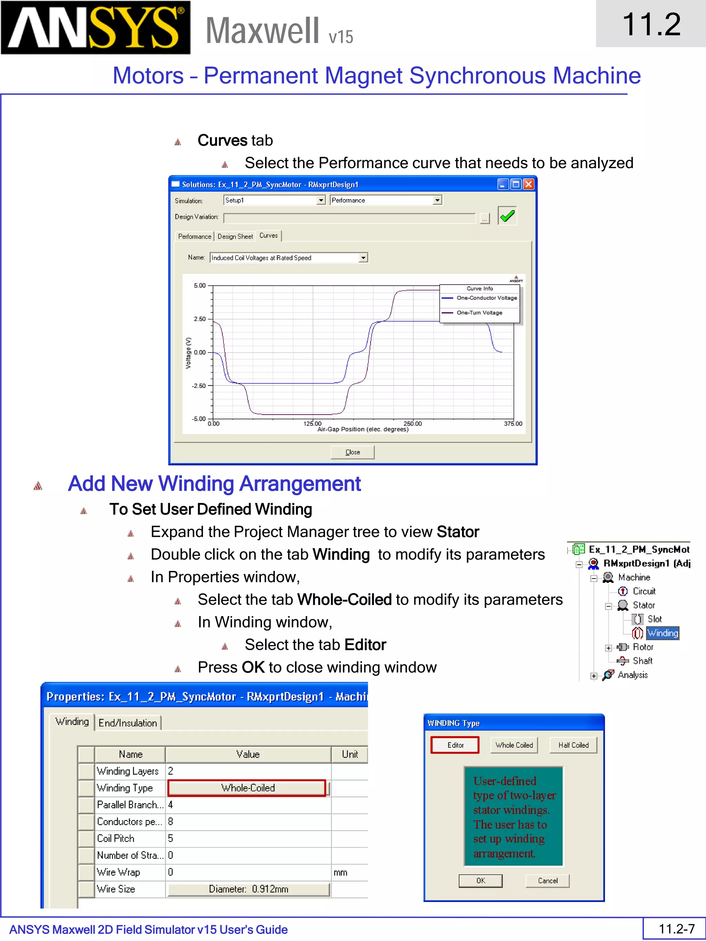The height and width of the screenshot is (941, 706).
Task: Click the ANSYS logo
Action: click(x=95, y=28)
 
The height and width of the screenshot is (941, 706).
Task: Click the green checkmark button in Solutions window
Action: click(x=507, y=216)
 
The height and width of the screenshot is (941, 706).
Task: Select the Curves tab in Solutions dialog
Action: click(x=269, y=236)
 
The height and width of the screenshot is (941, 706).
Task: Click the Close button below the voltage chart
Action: click(x=352, y=452)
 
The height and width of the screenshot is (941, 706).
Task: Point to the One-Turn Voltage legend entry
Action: click(x=479, y=313)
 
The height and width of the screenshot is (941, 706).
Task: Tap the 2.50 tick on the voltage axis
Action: click(x=200, y=319)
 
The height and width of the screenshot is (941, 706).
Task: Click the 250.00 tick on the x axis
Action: click(x=412, y=424)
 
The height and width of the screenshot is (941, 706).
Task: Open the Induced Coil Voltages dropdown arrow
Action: click(x=363, y=258)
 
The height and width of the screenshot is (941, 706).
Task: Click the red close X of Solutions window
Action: click(x=528, y=184)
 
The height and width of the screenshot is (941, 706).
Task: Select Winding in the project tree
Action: click(x=662, y=633)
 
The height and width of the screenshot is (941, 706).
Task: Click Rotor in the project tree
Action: click(x=643, y=647)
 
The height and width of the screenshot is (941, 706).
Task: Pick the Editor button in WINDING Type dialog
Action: click(x=455, y=745)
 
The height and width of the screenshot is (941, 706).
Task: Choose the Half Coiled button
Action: click(x=573, y=745)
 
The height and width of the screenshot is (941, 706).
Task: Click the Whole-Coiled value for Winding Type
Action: click(x=247, y=788)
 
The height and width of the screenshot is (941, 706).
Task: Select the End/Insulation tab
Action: click(x=128, y=723)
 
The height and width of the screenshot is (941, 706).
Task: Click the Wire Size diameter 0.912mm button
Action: click(x=249, y=889)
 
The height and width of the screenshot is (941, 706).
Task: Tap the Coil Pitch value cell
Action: click(x=248, y=838)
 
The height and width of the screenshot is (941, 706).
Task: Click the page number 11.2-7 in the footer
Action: click(x=676, y=929)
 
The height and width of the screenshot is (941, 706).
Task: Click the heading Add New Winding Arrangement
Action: click(x=214, y=484)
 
